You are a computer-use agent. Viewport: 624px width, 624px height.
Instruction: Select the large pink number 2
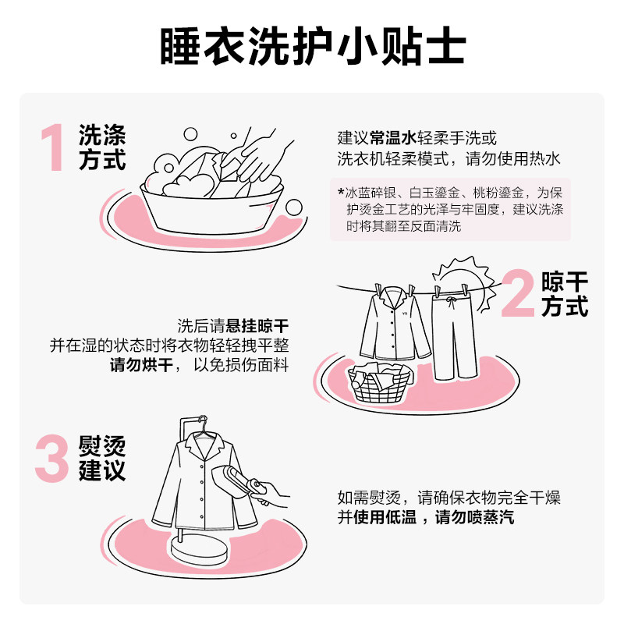(518, 294)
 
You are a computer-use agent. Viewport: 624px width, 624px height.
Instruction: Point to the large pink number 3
(53, 458)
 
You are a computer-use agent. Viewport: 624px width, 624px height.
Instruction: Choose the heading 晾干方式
(565, 294)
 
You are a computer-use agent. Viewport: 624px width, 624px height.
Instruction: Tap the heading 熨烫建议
(101, 459)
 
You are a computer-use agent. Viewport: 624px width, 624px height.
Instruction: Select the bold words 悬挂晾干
(256, 325)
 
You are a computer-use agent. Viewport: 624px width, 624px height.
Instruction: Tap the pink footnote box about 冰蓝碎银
(450, 210)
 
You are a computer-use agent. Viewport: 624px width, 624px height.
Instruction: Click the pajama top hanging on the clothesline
(394, 328)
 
